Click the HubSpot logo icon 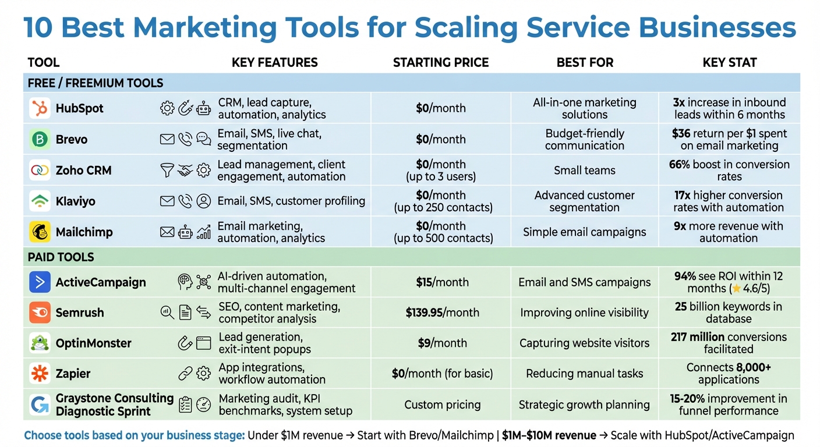click(40, 108)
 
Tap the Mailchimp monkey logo click(40, 232)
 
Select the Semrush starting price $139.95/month click(442, 313)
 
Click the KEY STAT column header click(729, 63)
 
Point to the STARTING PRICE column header click(441, 63)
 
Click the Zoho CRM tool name click(83, 171)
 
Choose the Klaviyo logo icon click(40, 201)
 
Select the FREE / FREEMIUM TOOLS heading click(96, 83)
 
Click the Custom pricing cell click(442, 405)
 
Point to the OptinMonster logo click(40, 343)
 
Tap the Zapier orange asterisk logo click(40, 374)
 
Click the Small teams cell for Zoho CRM click(584, 171)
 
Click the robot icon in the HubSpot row click(203, 108)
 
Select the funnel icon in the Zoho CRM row click(167, 171)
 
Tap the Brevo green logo click(40, 140)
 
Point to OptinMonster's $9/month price click(442, 343)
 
